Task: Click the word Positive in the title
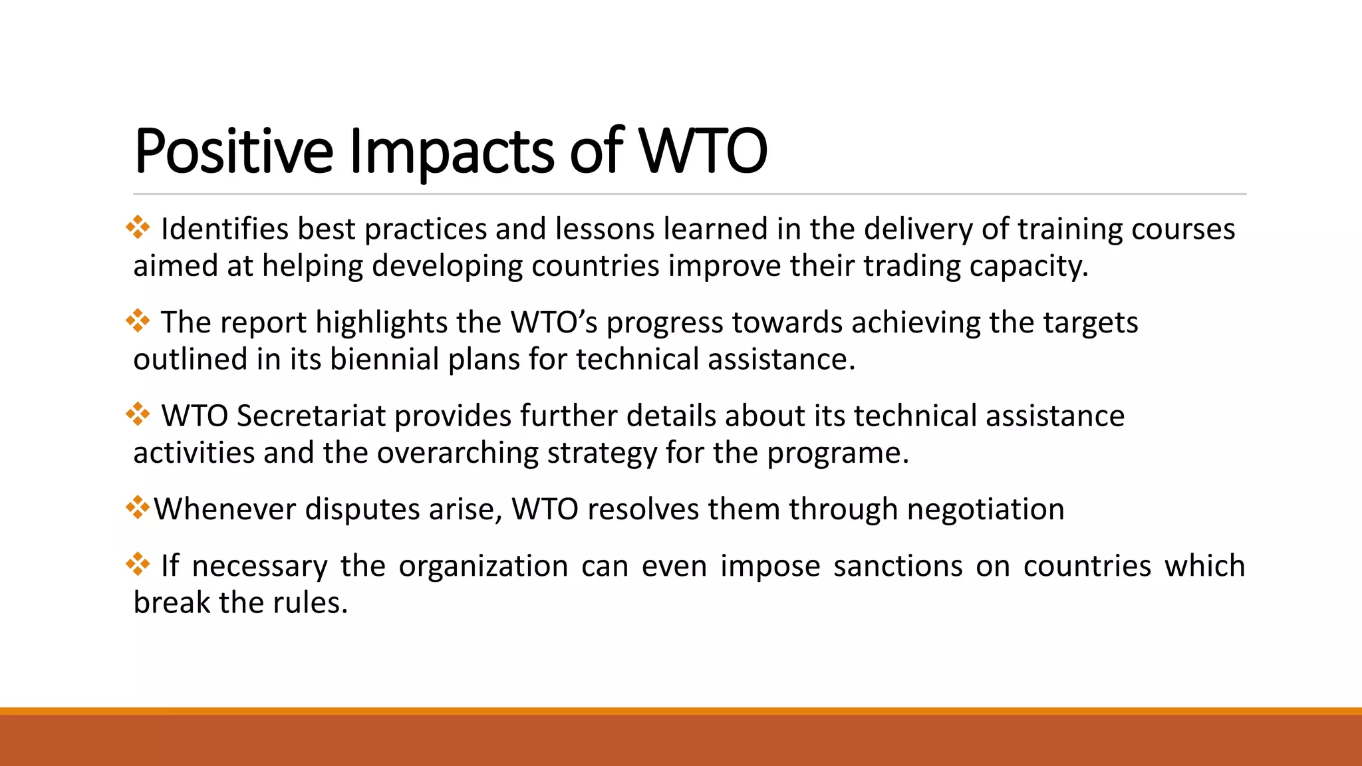(233, 152)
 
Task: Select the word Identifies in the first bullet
(225, 229)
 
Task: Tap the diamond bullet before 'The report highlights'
(138, 321)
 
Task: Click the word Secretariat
(311, 416)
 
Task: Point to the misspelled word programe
(837, 453)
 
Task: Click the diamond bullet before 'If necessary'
(138, 565)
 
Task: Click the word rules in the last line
(312, 603)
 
